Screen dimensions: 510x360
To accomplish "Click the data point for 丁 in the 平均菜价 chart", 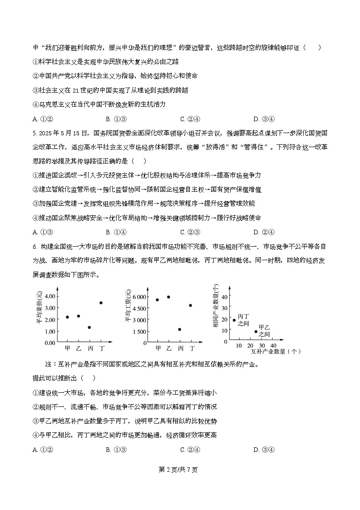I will [101, 302].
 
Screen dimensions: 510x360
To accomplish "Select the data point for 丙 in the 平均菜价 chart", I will [89, 327].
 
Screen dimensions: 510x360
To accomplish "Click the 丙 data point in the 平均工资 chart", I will [180, 329].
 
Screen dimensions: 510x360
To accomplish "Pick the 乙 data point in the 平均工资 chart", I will [168, 297].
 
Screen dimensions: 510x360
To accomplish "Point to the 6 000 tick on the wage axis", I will [139, 297].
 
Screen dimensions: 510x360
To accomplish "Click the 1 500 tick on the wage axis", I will [139, 332].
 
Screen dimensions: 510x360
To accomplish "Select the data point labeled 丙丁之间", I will [234, 320].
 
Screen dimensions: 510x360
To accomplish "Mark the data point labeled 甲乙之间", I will [256, 332].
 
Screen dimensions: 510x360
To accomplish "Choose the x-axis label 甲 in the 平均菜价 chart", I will [67, 349].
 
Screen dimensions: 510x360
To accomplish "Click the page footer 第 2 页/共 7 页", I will [180, 470].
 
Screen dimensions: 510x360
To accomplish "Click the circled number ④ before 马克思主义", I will [36, 104].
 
